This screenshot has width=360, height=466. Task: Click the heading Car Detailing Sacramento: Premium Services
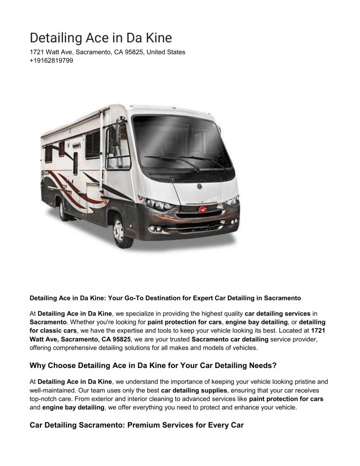136,425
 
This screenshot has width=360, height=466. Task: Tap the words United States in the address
166,52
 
